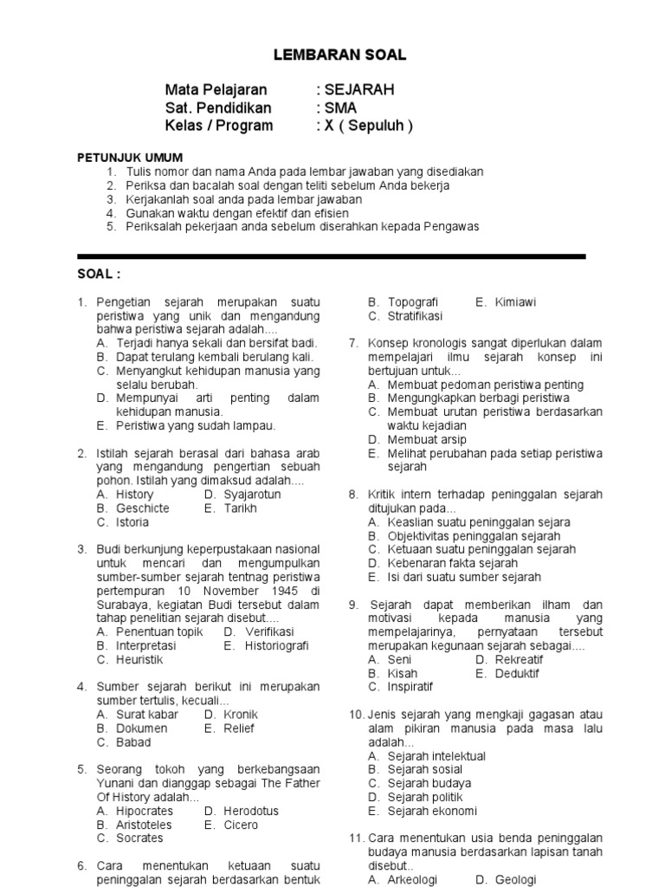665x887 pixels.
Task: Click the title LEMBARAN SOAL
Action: (339, 55)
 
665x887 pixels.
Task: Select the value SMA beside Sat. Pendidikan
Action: (340, 108)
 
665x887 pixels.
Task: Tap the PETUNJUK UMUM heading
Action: (130, 158)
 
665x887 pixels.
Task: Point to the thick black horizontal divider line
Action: (332, 256)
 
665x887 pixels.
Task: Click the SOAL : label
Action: (100, 274)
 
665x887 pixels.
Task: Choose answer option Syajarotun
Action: (252, 495)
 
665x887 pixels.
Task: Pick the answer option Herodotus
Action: (251, 811)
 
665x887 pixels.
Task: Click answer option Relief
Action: (239, 728)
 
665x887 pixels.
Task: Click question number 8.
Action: (353, 495)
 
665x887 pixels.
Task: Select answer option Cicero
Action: (241, 825)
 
